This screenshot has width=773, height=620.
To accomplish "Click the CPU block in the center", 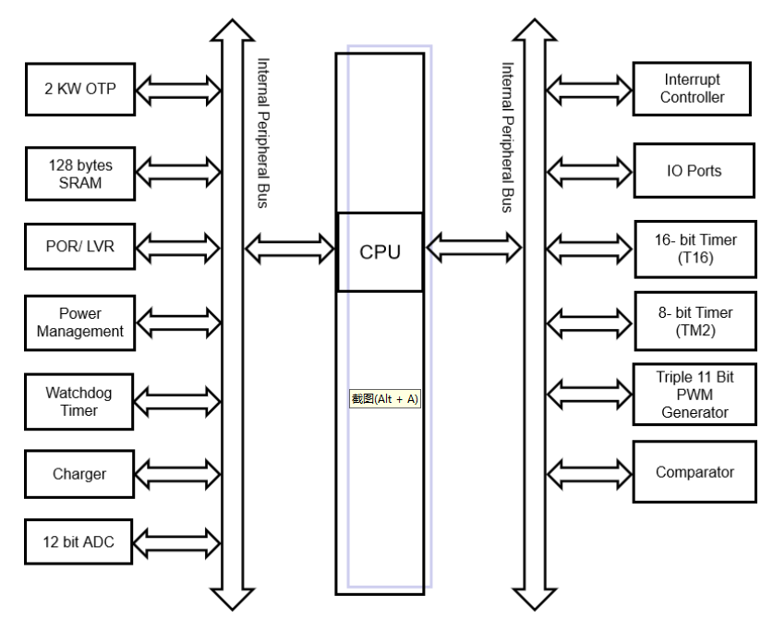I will (x=380, y=251).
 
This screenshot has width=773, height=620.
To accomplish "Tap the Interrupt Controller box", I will (x=692, y=90).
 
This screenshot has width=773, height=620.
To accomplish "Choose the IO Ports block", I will (x=692, y=170).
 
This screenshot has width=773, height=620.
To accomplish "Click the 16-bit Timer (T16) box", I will (x=692, y=248).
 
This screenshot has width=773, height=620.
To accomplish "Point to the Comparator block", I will (x=692, y=472).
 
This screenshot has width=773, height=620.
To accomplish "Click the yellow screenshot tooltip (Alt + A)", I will (x=384, y=399).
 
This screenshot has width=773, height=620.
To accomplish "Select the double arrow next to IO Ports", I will (x=588, y=170).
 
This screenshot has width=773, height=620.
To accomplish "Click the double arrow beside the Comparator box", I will (x=588, y=472).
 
